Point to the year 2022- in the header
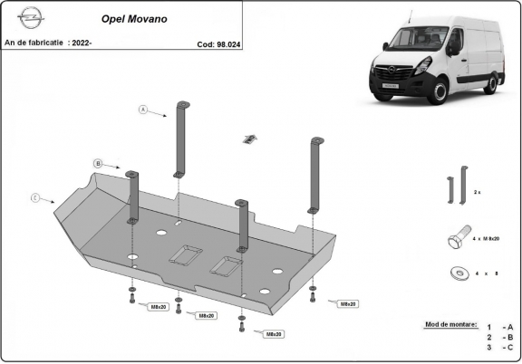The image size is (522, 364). (82, 43)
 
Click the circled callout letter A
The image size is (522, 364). (143, 110)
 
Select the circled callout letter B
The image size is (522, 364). (98, 163)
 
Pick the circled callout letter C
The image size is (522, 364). (34, 197)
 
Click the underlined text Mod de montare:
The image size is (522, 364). (449, 323)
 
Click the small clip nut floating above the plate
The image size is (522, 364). (249, 139)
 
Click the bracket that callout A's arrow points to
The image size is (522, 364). (181, 136)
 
